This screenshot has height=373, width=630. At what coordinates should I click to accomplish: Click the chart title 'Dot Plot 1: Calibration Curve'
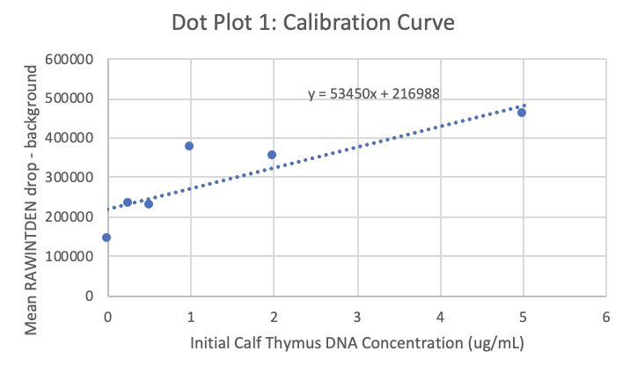313,23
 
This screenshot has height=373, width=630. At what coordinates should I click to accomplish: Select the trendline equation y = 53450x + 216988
374,91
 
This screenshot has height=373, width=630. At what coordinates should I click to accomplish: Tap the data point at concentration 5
522,113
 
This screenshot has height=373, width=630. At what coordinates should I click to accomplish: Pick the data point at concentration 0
106,238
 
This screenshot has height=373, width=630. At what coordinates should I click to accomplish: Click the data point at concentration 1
189,146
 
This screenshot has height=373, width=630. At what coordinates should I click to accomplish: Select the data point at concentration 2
272,155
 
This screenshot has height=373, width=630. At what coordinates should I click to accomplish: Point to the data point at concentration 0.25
128,202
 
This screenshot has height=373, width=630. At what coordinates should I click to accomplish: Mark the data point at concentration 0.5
148,204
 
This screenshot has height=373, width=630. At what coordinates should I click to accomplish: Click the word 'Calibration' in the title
355,23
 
